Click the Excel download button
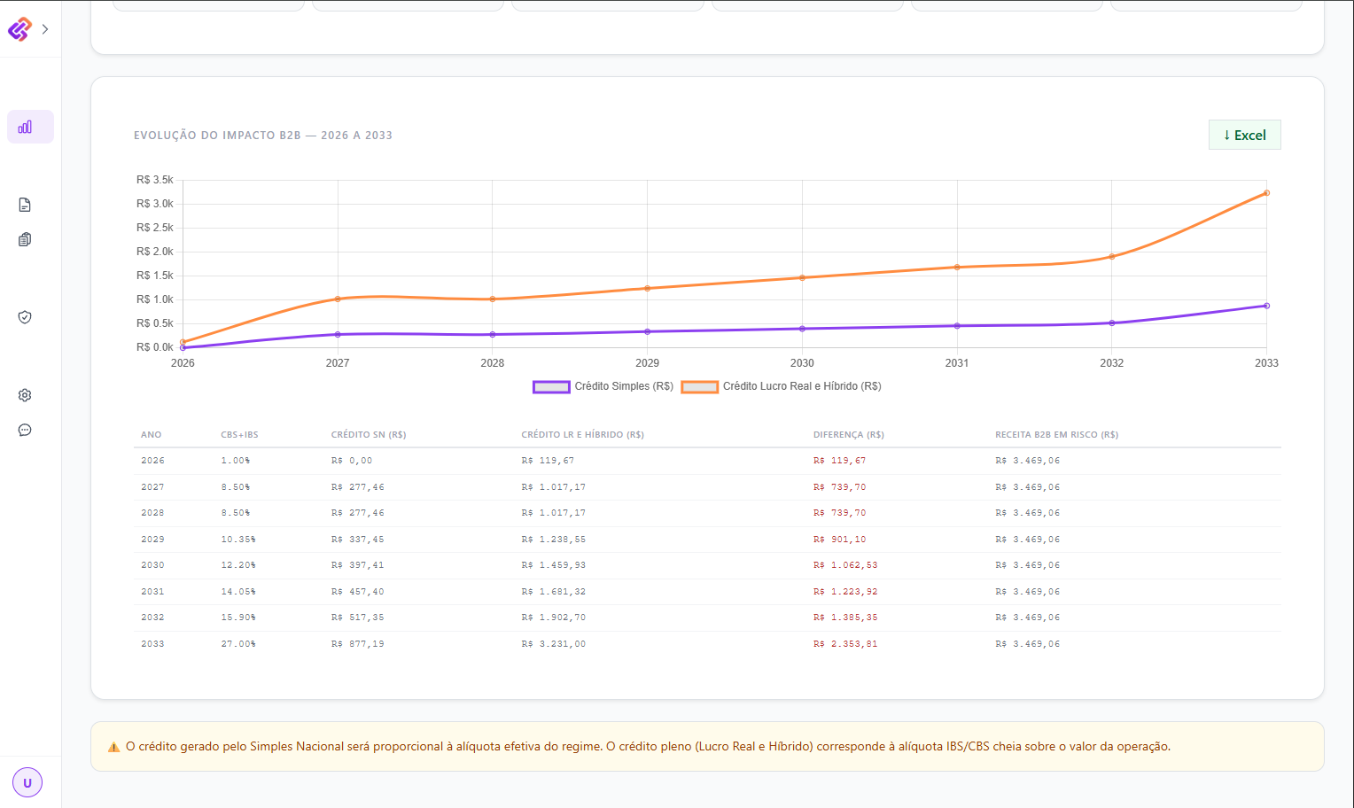pos(1244,135)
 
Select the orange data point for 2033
pos(1266,193)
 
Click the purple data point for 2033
pos(1266,306)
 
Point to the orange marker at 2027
pos(338,299)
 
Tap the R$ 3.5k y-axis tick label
pos(155,180)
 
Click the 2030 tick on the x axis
pos(802,363)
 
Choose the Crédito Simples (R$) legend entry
pos(603,386)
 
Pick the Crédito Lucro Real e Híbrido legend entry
pos(781,386)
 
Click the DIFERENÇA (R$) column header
pos(848,434)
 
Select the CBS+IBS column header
pos(239,434)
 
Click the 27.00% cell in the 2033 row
pos(238,643)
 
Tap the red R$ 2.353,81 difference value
pos(845,643)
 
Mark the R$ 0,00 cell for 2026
pos(351,461)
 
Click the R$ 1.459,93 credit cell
pos(553,565)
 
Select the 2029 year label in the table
pos(152,539)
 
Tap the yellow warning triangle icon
pos(113,747)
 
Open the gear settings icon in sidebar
pos(25,395)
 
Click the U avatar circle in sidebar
pos(27,782)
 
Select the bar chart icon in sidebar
pos(25,127)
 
